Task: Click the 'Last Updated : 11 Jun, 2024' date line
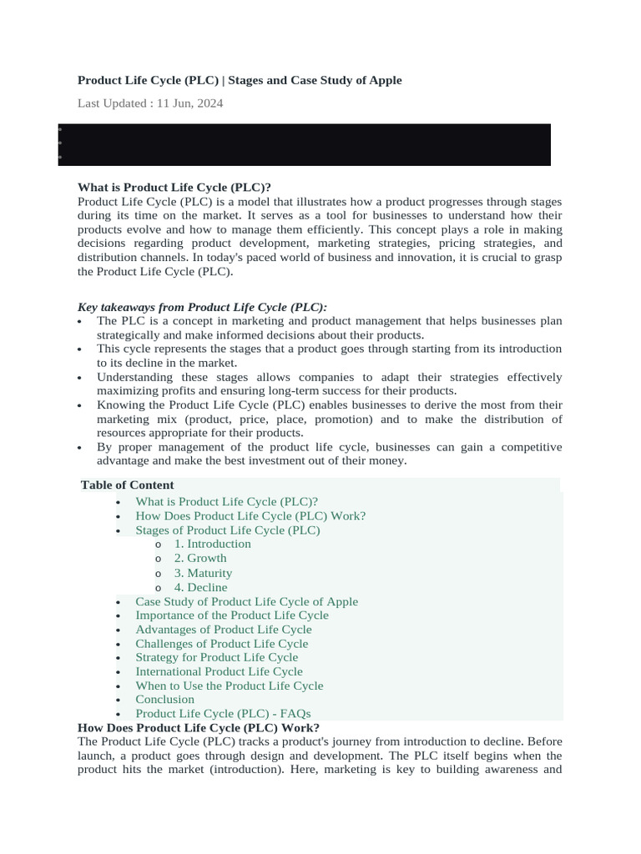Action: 150,103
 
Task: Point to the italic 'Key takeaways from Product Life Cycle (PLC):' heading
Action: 203,307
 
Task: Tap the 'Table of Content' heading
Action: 128,485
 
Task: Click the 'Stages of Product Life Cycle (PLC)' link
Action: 228,530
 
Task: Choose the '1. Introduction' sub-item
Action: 212,544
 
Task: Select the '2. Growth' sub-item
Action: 200,558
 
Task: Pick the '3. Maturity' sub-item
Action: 203,573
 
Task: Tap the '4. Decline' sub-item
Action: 200,587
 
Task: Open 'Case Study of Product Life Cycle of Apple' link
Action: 247,601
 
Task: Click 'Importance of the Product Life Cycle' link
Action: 232,615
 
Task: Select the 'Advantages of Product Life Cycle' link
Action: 224,630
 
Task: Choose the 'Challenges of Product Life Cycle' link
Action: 222,644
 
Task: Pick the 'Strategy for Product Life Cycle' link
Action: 217,657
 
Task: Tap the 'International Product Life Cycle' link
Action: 220,671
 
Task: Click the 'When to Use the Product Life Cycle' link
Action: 230,686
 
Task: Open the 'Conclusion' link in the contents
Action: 165,700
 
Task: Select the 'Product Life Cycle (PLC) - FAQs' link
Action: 223,713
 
